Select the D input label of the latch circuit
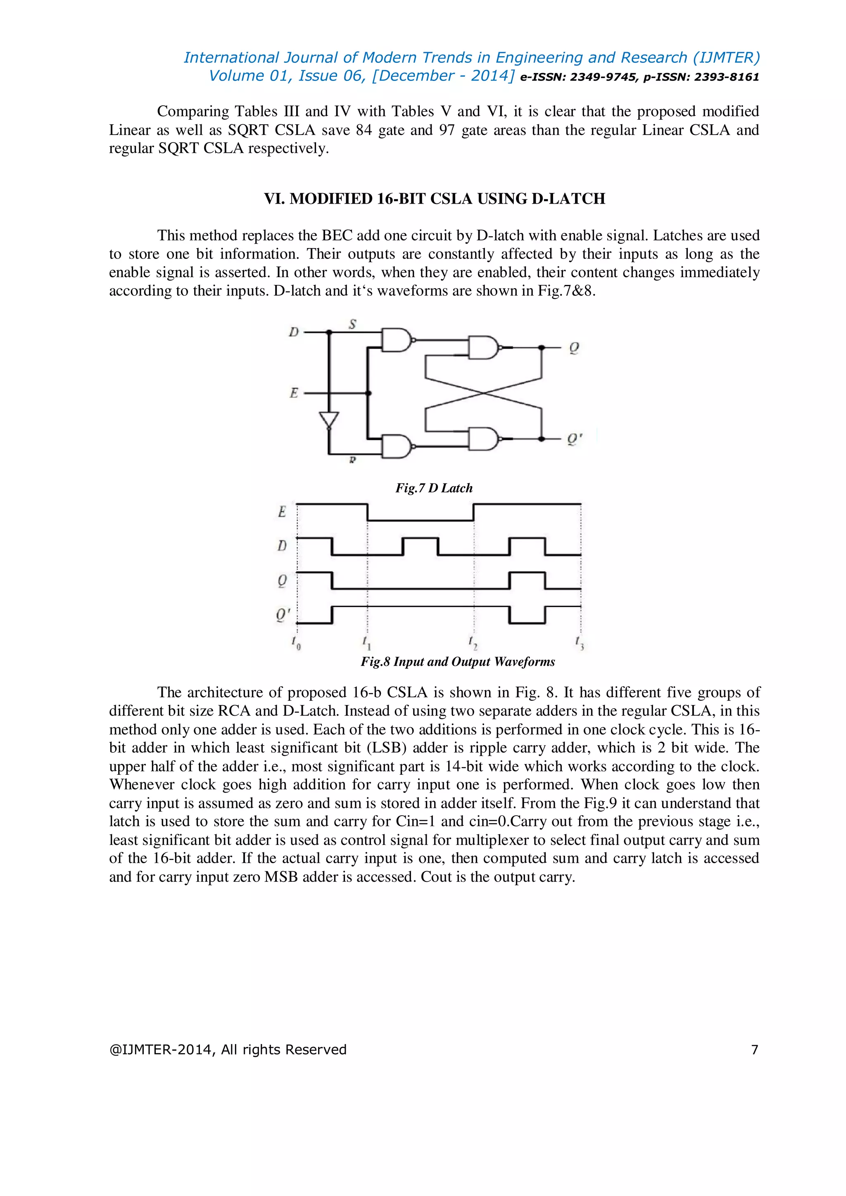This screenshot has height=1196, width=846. click(294, 332)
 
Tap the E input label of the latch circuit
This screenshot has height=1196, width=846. click(294, 393)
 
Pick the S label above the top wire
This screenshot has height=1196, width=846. click(352, 325)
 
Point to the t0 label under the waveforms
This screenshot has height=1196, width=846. click(296, 643)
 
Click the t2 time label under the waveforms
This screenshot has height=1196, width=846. click(473, 643)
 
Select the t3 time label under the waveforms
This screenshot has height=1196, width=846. click(579, 643)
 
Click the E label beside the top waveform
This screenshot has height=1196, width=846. click(282, 512)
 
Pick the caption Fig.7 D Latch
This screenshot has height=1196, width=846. click(434, 488)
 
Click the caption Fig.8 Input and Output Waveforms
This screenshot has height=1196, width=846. click(458, 662)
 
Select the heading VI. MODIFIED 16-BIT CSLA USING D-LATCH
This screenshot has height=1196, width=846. click(435, 199)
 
